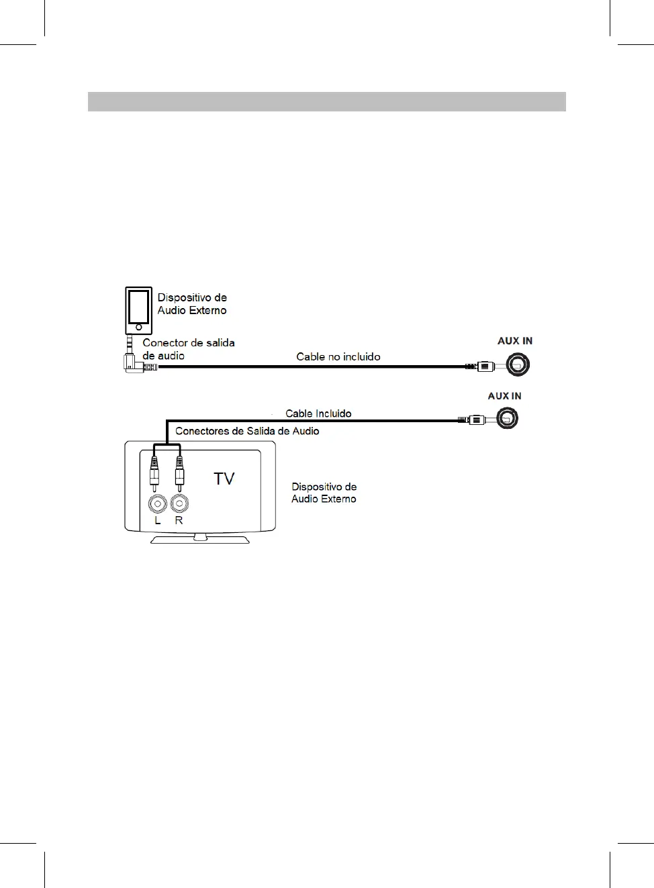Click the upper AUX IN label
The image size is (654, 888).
pos(514,341)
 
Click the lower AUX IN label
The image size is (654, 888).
pos(504,396)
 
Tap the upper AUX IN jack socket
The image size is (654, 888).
pos(518,365)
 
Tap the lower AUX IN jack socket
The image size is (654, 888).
pos(507,419)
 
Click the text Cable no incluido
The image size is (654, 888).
pos(338,357)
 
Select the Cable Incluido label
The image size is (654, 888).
pos(318,413)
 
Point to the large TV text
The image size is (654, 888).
pos(224,479)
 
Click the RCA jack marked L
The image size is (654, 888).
pos(158,503)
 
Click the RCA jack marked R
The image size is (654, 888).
pos(179,503)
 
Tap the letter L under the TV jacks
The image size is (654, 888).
pos(158,520)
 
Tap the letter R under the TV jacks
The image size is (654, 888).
pos(179,520)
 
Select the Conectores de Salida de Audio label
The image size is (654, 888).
pos(247,431)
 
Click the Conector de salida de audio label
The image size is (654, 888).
pos(188,349)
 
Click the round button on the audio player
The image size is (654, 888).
pos(138,328)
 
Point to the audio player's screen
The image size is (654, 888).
pos(138,306)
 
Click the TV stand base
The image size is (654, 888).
pos(200,539)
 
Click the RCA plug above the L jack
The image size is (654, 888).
pos(154,470)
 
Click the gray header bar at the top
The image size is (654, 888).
pos(326,101)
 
